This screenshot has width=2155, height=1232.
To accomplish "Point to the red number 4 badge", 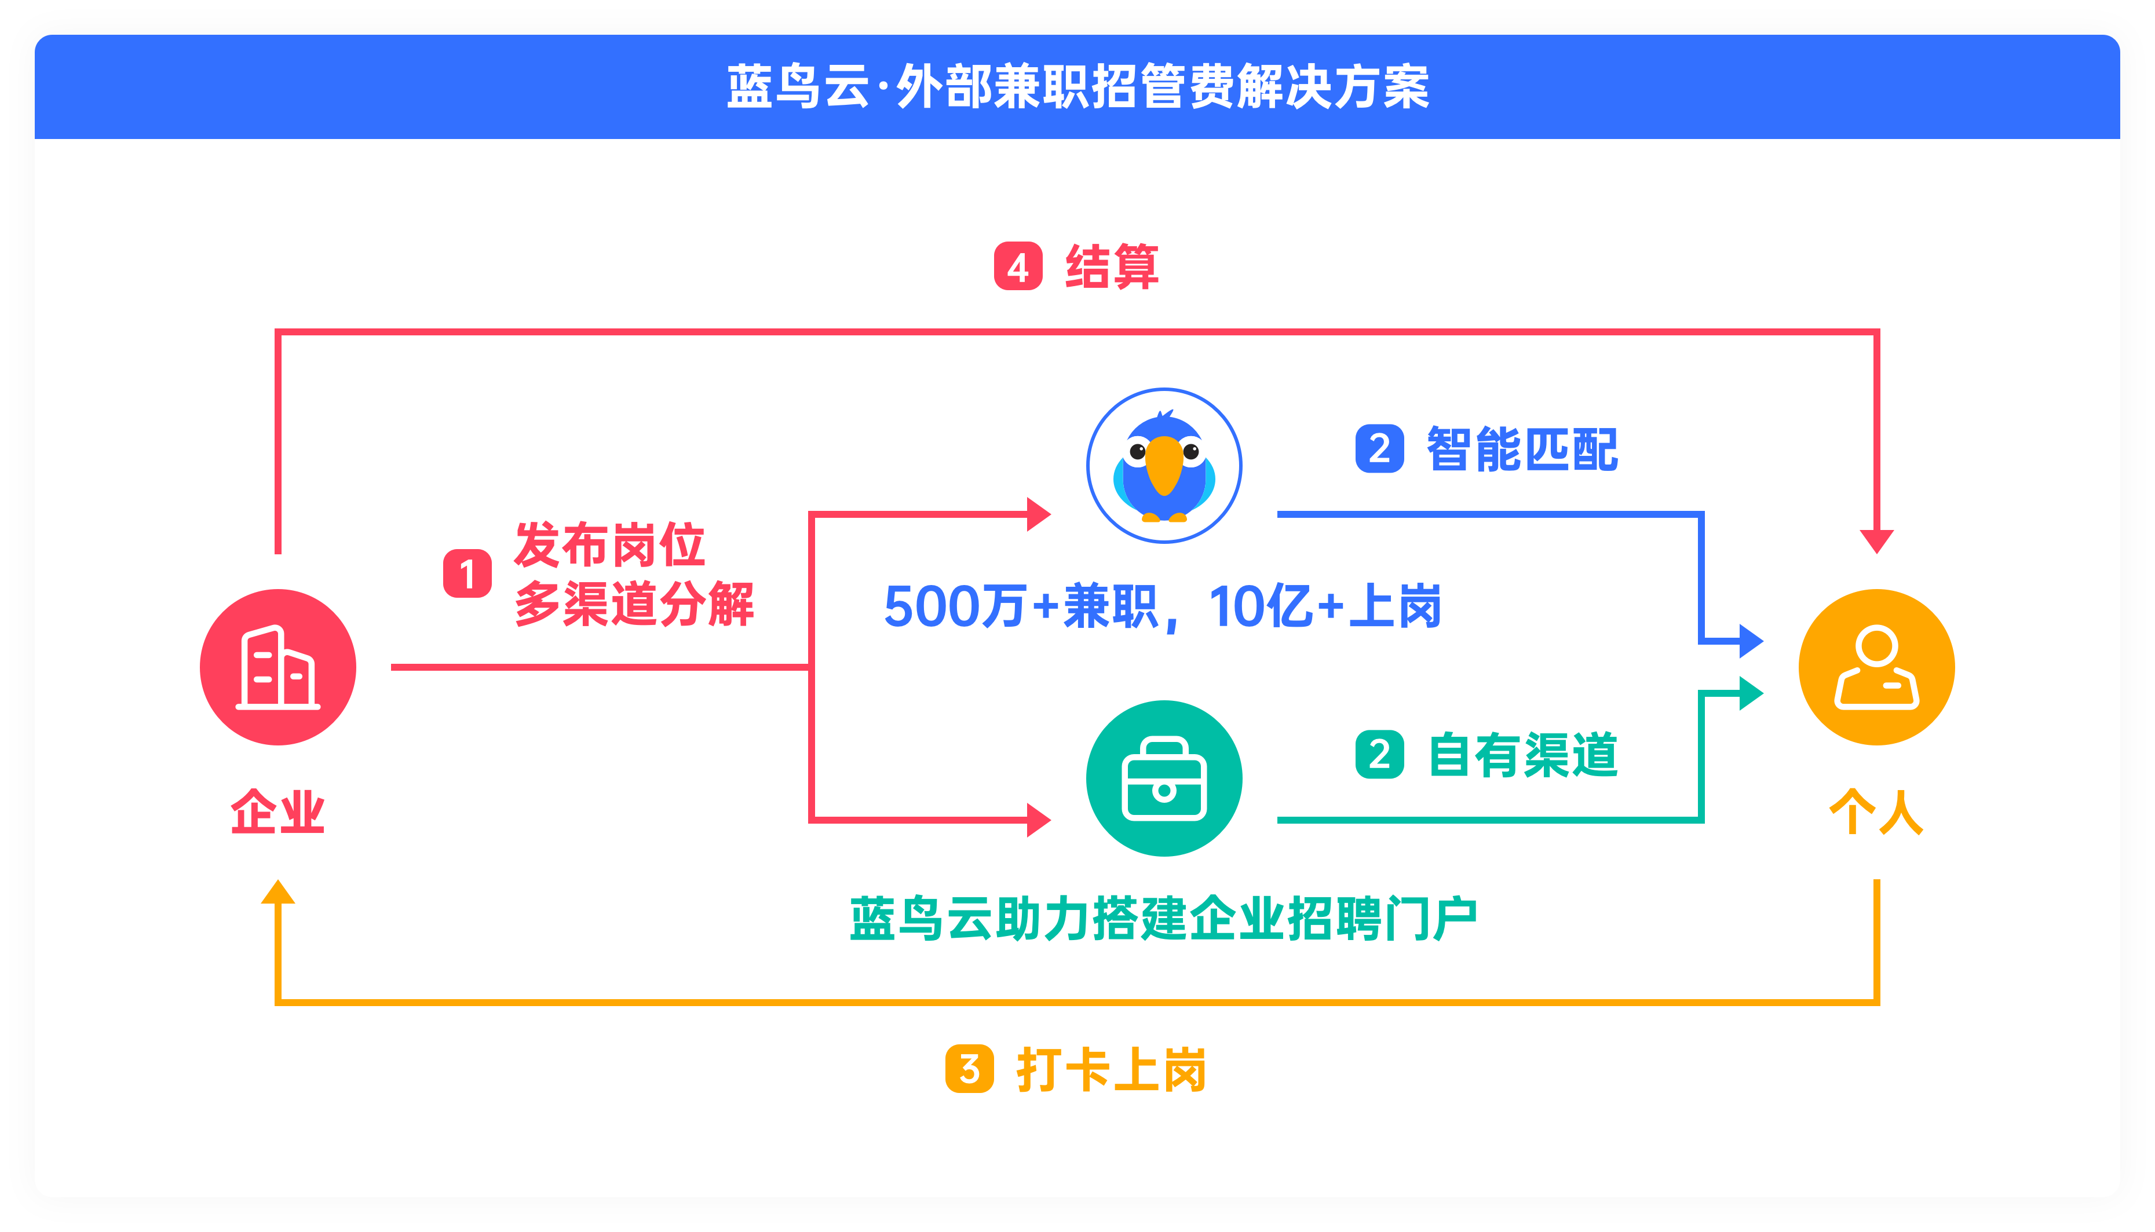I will [x=1018, y=266].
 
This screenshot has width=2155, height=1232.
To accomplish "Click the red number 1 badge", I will [x=467, y=573].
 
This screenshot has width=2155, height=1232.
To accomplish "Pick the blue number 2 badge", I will [x=1379, y=448].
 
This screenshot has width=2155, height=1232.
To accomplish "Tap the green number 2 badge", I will [x=1379, y=755].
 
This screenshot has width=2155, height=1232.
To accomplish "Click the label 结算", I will [x=1112, y=266].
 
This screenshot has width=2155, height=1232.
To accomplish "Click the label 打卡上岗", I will [x=1111, y=1070].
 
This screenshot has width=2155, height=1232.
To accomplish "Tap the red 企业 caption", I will [x=277, y=811].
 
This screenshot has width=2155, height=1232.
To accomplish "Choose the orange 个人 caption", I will [x=1876, y=811].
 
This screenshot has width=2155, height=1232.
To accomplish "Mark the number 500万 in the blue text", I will [x=954, y=606].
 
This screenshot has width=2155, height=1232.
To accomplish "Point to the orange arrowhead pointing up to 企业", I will [x=277, y=893].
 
